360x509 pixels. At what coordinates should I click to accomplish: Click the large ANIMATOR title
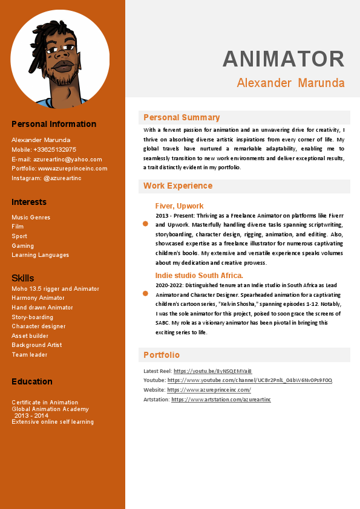[284, 59]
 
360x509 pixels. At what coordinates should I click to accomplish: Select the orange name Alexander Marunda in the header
[290, 83]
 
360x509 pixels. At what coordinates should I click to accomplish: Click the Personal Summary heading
[182, 117]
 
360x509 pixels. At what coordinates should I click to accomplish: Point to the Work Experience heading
[178, 186]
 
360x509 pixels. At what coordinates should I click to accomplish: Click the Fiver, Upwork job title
[179, 206]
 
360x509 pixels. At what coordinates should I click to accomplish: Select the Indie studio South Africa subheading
[199, 276]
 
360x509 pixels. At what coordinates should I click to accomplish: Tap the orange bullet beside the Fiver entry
[145, 224]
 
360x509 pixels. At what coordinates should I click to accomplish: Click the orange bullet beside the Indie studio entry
[145, 293]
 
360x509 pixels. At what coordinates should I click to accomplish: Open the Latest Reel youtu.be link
[212, 371]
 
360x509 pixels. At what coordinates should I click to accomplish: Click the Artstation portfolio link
[221, 400]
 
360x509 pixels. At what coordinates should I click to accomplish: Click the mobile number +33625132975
[55, 149]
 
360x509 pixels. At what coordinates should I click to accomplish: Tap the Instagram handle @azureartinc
[62, 178]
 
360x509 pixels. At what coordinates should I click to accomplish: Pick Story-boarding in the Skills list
[32, 317]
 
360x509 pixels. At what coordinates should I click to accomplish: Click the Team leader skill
[29, 354]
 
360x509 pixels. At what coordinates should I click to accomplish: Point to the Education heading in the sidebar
[31, 381]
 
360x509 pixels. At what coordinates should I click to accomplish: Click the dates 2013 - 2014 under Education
[31, 415]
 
